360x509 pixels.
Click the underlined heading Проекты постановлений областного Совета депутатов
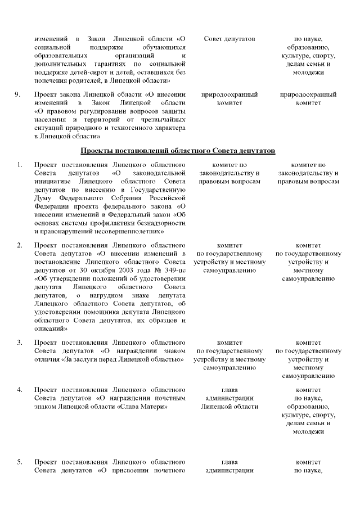(178, 151)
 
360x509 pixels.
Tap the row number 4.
(19, 389)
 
